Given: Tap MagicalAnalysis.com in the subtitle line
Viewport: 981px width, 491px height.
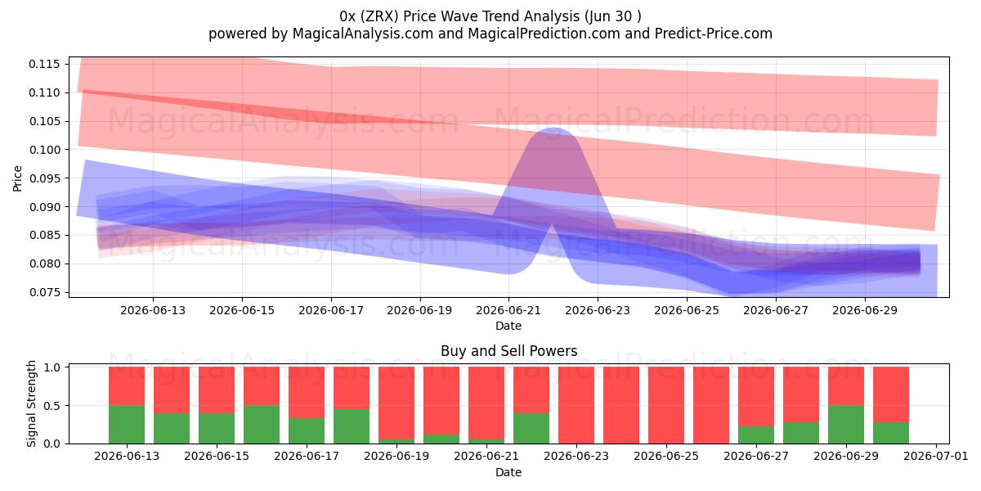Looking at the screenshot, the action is pyautogui.click(x=363, y=34).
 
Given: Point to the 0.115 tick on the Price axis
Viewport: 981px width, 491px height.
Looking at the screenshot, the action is pyautogui.click(x=44, y=65).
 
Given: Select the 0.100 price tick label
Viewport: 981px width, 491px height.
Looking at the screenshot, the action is pyautogui.click(x=44, y=150).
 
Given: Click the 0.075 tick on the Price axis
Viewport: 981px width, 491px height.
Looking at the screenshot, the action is pyautogui.click(x=44, y=292).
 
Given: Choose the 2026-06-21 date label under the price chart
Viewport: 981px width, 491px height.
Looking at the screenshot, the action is pyautogui.click(x=508, y=310).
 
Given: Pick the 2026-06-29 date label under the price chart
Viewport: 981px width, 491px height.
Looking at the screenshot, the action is pyautogui.click(x=865, y=310).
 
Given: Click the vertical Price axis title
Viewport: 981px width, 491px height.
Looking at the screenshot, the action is pyautogui.click(x=17, y=178).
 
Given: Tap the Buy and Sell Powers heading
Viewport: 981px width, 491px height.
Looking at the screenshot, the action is pyautogui.click(x=508, y=351).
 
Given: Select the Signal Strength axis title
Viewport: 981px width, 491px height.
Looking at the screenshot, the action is pyautogui.click(x=31, y=403).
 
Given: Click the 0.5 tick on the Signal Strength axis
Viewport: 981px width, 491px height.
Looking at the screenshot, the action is pyautogui.click(x=52, y=406).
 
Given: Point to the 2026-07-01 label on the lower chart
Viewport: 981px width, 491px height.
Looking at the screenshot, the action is pyautogui.click(x=936, y=457).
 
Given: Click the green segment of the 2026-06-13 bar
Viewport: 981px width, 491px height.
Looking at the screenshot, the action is pyautogui.click(x=127, y=425).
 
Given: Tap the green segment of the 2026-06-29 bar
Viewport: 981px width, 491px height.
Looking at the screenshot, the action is pyautogui.click(x=846, y=425).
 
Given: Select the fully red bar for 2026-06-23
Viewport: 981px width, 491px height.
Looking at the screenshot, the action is pyautogui.click(x=576, y=405).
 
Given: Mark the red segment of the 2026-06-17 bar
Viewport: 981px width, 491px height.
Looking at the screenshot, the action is pyautogui.click(x=307, y=392).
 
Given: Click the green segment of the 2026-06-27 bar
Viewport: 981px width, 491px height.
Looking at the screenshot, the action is pyautogui.click(x=756, y=435).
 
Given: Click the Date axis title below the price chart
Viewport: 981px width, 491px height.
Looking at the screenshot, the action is pyautogui.click(x=508, y=327).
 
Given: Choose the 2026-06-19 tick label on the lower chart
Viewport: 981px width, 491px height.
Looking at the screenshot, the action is pyautogui.click(x=396, y=457).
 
